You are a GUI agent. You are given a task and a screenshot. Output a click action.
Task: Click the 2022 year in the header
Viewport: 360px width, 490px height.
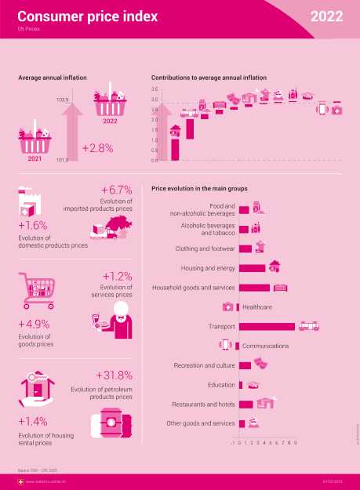pos(325,16)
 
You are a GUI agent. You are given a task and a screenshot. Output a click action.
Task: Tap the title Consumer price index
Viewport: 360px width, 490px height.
pos(87,16)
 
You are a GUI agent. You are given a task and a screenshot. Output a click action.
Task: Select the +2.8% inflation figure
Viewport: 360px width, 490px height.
pos(97,147)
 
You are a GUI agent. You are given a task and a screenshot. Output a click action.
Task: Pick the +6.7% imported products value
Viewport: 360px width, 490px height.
pos(116,191)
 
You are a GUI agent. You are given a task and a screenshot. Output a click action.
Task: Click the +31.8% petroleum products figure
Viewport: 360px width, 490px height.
pos(114,375)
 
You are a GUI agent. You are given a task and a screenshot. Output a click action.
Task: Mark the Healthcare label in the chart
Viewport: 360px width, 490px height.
pos(257,307)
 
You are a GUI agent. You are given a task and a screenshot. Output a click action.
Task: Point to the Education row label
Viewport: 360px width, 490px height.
pos(221,385)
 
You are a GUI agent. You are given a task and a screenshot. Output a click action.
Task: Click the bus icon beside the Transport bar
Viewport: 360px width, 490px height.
pos(307,325)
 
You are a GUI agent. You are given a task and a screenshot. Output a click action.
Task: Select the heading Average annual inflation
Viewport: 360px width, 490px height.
pos(52,78)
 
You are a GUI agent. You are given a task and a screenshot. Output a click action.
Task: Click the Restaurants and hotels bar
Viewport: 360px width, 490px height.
pos(245,404)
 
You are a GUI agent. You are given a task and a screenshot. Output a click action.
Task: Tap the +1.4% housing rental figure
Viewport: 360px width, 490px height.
pos(32,420)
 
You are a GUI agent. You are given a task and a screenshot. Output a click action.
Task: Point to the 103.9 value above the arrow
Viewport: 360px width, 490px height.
pos(63,100)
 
